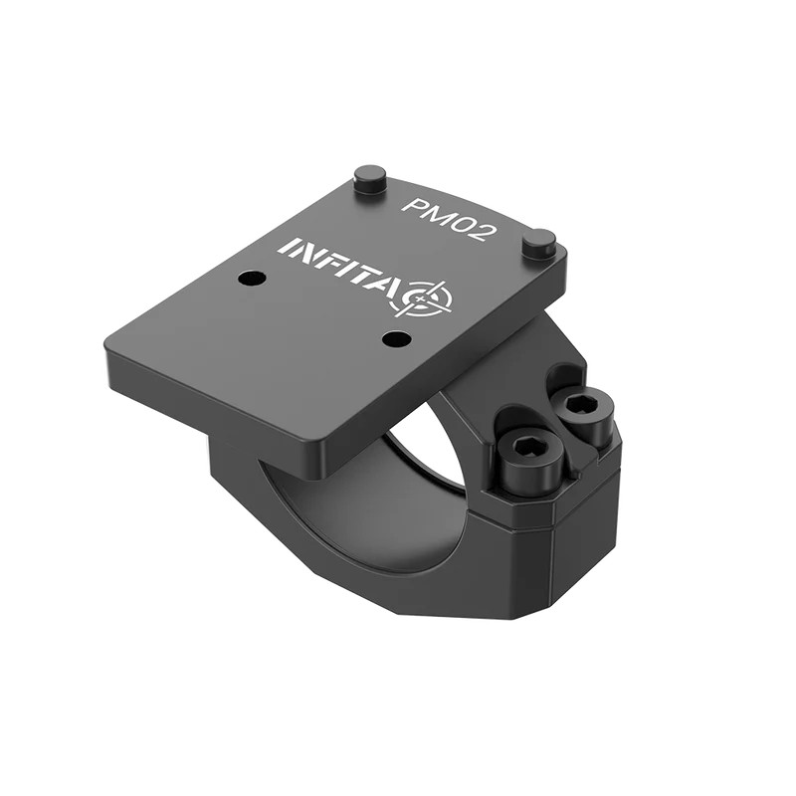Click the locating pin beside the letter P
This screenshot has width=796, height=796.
click(370, 180)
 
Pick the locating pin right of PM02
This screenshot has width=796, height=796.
click(539, 242)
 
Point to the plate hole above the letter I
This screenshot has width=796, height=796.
click(252, 278)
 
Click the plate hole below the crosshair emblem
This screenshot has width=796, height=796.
click(397, 339)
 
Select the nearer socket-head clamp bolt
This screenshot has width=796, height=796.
click(530, 460)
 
